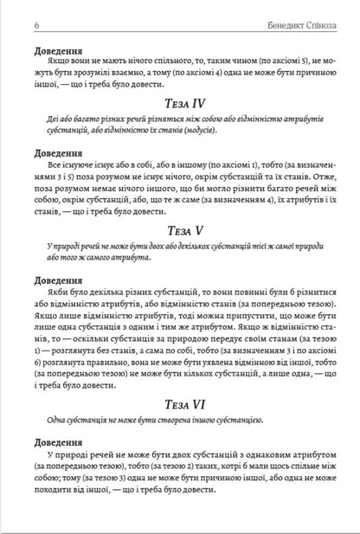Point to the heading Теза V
point(180,231)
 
